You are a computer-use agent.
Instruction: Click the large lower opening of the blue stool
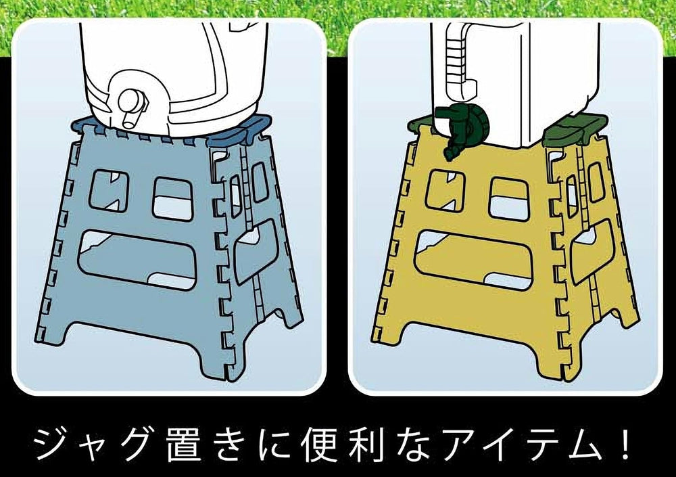137,259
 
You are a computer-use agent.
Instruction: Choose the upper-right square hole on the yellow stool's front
509,199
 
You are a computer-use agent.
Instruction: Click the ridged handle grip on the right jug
457,56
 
